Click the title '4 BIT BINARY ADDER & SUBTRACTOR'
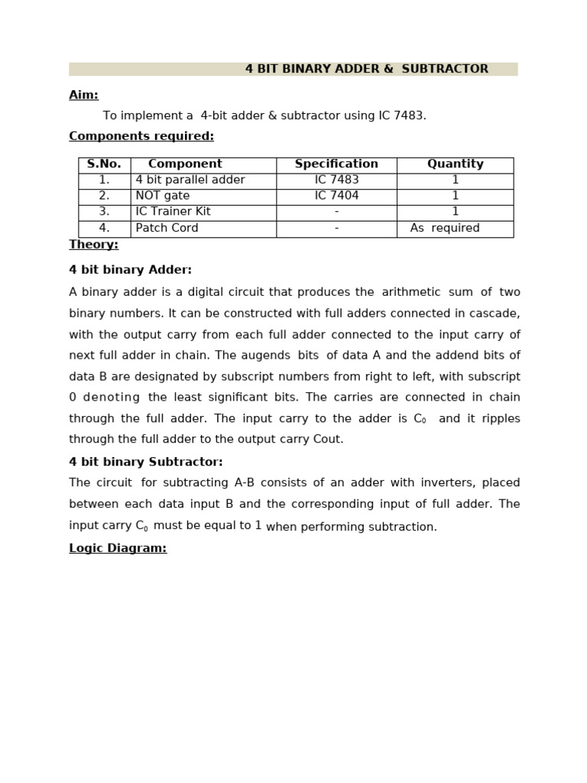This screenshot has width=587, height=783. [366, 69]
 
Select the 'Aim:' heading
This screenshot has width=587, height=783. [83, 95]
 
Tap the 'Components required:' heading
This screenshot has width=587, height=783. [141, 136]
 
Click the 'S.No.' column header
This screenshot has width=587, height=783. [104, 164]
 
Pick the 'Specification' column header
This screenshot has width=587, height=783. [336, 164]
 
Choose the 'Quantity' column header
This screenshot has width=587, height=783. [455, 164]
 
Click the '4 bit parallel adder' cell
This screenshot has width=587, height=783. [190, 180]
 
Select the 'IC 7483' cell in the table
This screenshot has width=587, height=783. [336, 180]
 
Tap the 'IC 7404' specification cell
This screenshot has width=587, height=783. [336, 197]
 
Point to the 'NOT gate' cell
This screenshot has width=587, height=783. [161, 197]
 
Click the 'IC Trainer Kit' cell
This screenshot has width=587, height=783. [173, 212]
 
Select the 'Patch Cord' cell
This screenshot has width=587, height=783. [167, 229]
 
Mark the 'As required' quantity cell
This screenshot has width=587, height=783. [445, 229]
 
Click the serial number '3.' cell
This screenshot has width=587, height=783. [104, 212]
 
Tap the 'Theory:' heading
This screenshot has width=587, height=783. [93, 245]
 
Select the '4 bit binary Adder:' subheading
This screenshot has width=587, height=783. [130, 270]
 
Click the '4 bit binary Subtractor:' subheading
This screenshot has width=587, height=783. [146, 462]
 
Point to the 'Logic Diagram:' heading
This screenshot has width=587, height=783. [118, 548]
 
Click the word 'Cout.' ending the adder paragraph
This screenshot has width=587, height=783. [329, 440]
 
